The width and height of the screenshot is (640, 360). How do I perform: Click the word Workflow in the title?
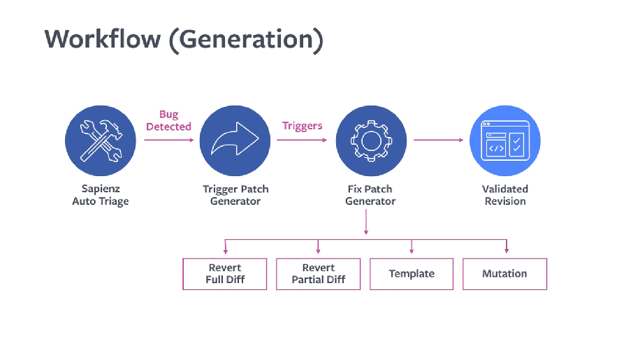click(x=102, y=39)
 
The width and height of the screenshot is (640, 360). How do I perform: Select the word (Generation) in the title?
click(x=245, y=40)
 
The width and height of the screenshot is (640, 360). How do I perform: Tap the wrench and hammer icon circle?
click(x=100, y=141)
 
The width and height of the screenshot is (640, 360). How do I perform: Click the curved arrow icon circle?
click(x=235, y=141)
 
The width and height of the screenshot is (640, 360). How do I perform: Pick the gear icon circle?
click(x=370, y=141)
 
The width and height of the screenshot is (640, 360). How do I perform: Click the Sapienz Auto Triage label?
click(x=100, y=195)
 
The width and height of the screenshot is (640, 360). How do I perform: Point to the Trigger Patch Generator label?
click(x=235, y=195)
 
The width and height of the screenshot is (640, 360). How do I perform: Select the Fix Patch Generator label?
click(x=370, y=195)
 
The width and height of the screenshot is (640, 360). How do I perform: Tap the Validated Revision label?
click(x=505, y=195)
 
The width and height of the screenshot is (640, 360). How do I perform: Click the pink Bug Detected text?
click(x=168, y=120)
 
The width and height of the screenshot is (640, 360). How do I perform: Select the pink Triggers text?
click(x=303, y=126)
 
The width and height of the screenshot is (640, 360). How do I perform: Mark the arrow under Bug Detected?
click(x=169, y=140)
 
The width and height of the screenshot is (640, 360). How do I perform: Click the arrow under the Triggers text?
click(x=302, y=140)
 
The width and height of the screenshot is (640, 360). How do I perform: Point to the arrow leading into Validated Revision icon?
click(x=438, y=140)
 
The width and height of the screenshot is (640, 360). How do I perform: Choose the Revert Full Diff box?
click(x=225, y=274)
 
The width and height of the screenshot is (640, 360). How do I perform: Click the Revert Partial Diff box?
click(x=319, y=274)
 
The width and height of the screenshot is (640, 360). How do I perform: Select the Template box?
click(x=412, y=274)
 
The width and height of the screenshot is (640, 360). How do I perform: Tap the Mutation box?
click(x=504, y=274)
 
